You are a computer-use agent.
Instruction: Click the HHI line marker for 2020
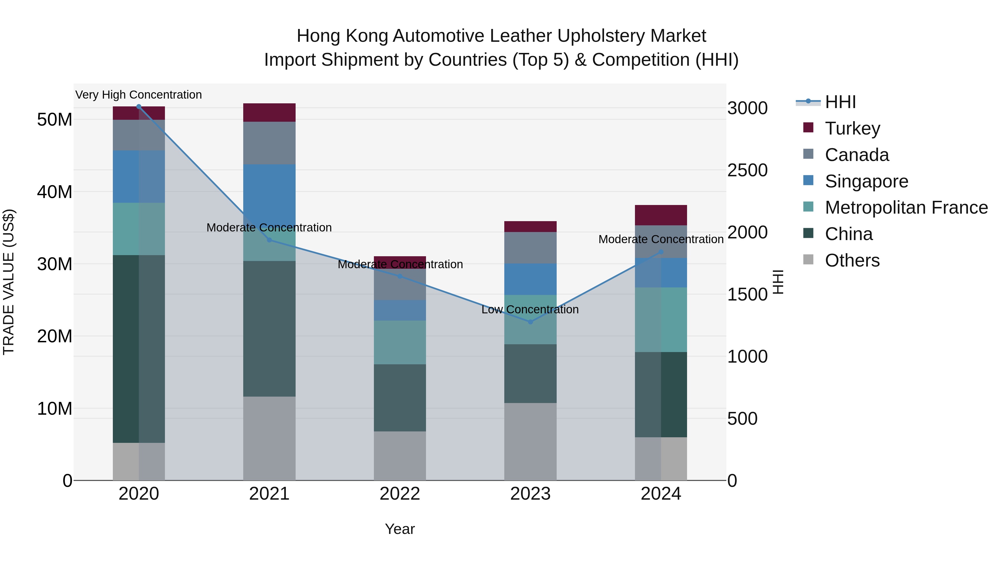139,107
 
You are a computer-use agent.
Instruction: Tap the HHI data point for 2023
530,322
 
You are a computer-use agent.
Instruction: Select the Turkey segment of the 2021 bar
269,113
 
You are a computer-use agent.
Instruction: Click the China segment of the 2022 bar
400,397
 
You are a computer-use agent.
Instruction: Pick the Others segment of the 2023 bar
530,441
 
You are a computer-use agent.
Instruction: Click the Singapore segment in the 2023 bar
530,279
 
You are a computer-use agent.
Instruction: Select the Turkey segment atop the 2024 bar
661,215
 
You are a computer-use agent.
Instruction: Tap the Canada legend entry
857,155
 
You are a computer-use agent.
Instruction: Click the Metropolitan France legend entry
906,207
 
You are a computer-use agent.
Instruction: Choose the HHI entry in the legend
840,102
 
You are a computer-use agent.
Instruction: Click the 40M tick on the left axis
55,192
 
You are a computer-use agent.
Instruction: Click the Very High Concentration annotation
139,95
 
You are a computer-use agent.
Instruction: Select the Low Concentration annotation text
530,309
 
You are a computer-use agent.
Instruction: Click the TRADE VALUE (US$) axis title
9,282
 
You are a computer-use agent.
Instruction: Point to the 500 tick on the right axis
742,419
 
